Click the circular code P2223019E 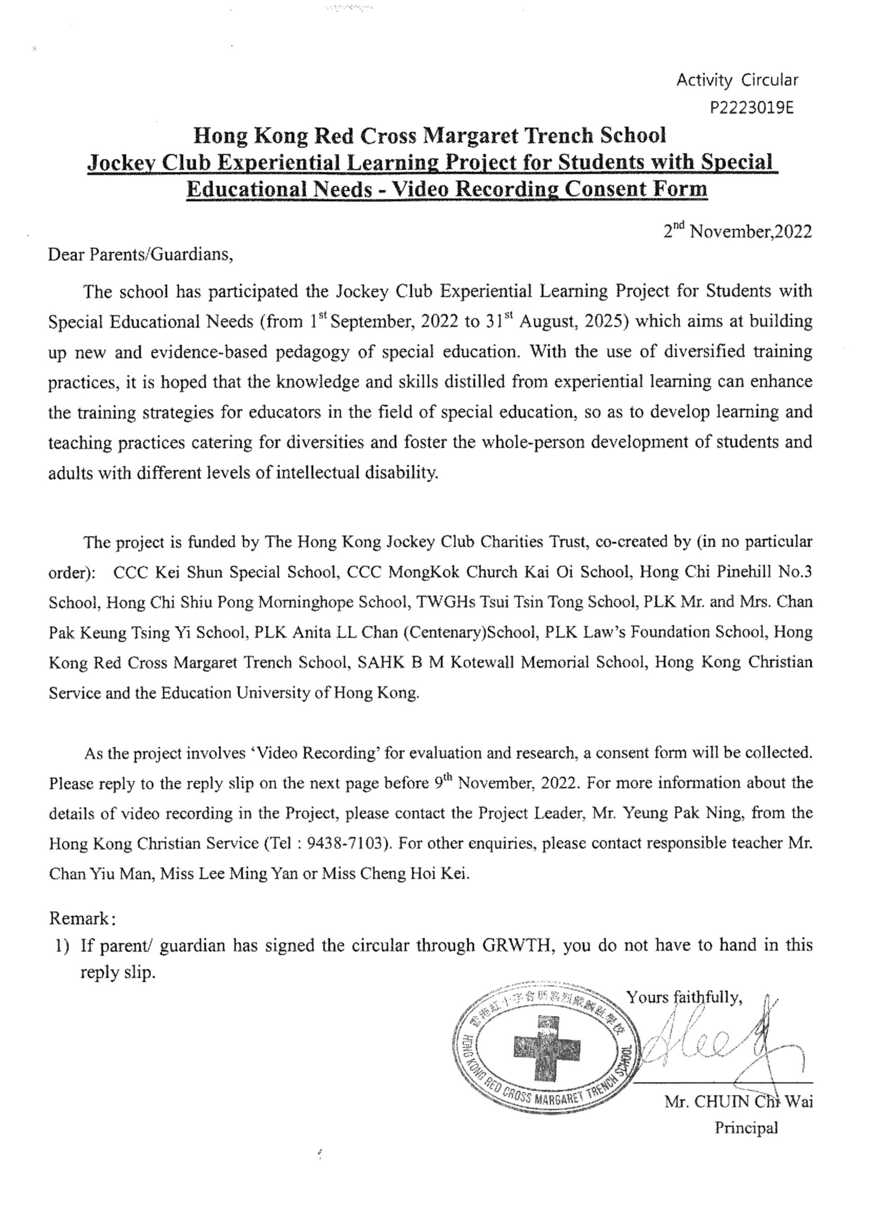click(x=751, y=109)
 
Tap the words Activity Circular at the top click(x=737, y=80)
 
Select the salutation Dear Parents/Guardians click(x=141, y=254)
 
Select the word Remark click(x=79, y=918)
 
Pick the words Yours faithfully click(x=684, y=997)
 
